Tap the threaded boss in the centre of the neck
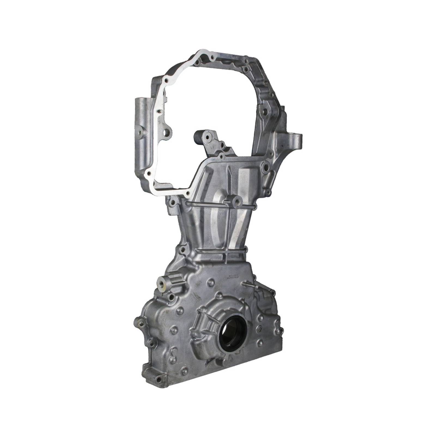(235, 200)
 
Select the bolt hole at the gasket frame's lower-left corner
(149, 174)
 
